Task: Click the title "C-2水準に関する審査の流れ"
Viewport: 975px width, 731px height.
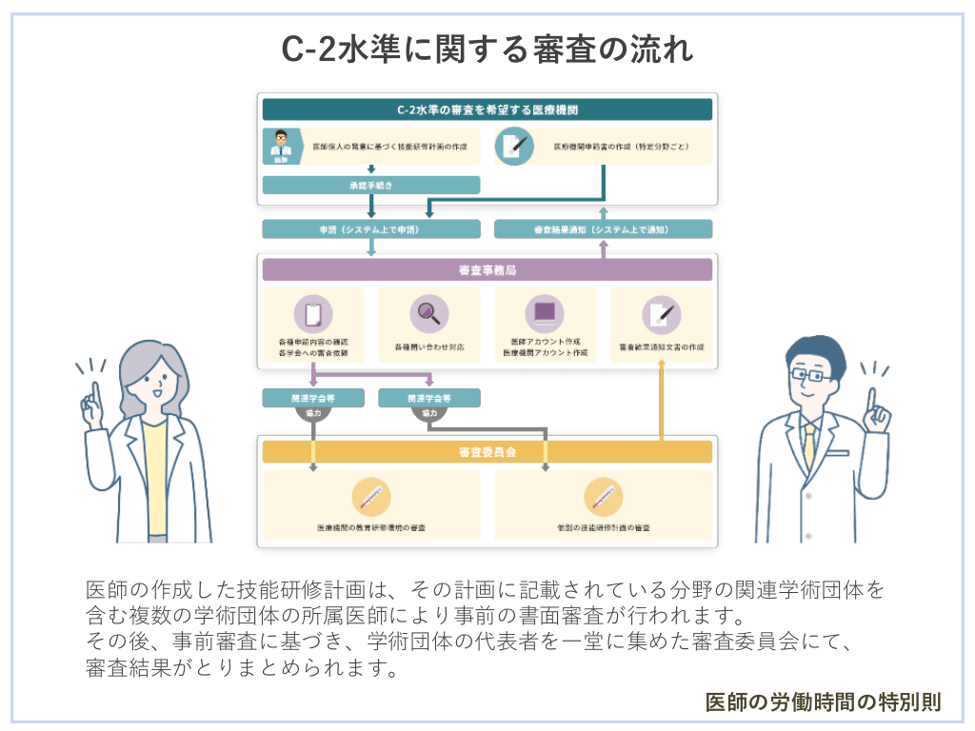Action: [x=487, y=49]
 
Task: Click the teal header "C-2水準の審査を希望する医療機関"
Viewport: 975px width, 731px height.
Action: [x=487, y=109]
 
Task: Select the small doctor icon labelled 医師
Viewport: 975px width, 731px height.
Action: [x=281, y=146]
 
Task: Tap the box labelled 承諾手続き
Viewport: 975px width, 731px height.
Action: [x=370, y=185]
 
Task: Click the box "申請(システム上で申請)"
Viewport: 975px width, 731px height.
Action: [x=370, y=229]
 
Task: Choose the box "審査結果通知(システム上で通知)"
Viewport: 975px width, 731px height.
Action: [x=603, y=229]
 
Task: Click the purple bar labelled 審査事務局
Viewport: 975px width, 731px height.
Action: [x=487, y=270]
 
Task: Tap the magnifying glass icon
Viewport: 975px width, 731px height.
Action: [x=428, y=313]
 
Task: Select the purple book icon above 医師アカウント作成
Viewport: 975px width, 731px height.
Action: [x=545, y=312]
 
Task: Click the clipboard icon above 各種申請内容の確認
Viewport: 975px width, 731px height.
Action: [x=312, y=313]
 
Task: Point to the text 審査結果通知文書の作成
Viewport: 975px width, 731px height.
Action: [x=661, y=347]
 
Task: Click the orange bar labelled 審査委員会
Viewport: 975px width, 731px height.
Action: [x=487, y=451]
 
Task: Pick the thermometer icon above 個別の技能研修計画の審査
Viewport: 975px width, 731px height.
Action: [x=603, y=496]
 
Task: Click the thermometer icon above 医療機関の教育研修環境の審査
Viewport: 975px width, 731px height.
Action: [x=370, y=496]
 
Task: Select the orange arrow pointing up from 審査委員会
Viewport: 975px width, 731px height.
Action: [x=662, y=400]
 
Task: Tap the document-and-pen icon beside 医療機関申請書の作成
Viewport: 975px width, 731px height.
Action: [x=515, y=147]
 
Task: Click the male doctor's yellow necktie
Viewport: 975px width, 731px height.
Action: [x=809, y=443]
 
